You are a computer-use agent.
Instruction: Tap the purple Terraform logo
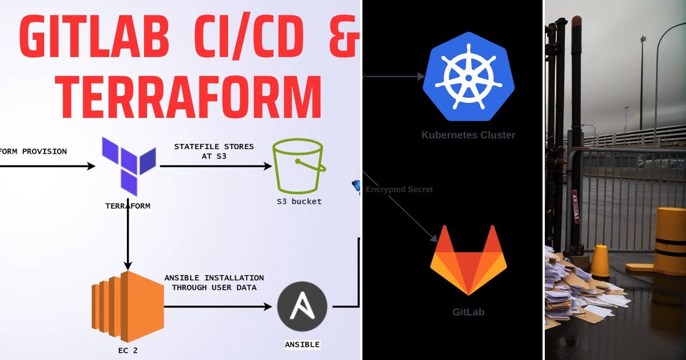coord(129,166)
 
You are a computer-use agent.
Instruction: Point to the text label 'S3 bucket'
coord(298,201)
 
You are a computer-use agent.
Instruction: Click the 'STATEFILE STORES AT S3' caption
coord(214,151)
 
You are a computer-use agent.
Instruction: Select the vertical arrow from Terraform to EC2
coord(128,240)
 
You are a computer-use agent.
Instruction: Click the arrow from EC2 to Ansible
coord(217,307)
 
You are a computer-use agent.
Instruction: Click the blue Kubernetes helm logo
coord(468,77)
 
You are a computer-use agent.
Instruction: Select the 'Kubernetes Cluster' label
coord(468,135)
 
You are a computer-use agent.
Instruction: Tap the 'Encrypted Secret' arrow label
coord(399,190)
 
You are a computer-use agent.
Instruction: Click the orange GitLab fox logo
coord(468,260)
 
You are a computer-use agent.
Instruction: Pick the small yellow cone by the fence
coord(600,261)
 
